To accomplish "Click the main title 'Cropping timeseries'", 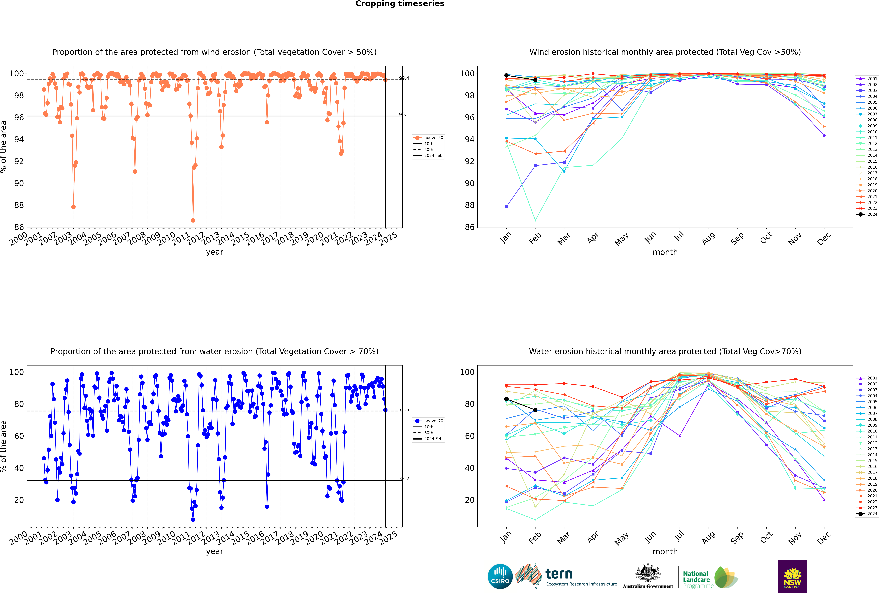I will coord(400,4).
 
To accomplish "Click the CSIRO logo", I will coord(500,577).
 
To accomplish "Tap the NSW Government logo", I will coord(792,576).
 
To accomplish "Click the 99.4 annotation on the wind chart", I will coord(404,78).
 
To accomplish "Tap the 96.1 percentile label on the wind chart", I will coord(404,114).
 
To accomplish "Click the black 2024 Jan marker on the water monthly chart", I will coord(506,399).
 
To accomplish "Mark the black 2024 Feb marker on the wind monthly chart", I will coord(535,80).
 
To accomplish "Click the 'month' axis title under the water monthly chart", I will coord(665,551).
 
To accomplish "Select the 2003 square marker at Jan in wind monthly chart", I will coord(506,207).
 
